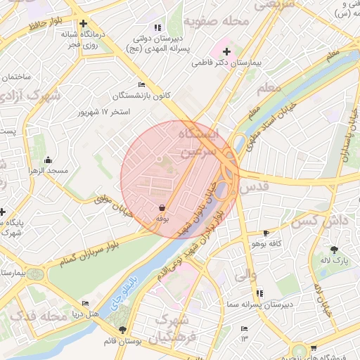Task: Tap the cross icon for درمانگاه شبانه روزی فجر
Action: click(x=83, y=23)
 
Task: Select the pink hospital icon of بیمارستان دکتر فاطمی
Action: click(x=226, y=51)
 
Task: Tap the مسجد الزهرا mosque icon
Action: click(x=48, y=160)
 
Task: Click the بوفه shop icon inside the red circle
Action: click(x=162, y=208)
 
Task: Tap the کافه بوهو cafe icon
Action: click(x=265, y=233)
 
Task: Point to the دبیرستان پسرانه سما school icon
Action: click(x=259, y=292)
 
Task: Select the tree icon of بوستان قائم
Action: click(x=124, y=329)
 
